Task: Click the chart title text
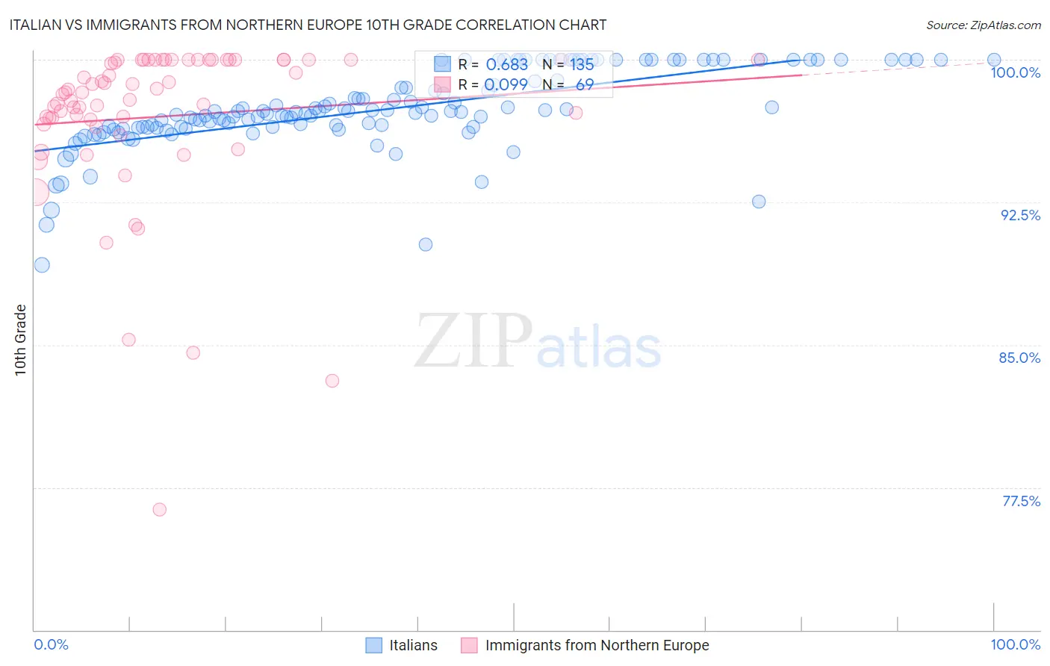pyautogui.click(x=308, y=25)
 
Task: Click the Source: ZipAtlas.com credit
pyautogui.click(x=983, y=25)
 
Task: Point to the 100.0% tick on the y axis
pyautogui.click(x=1015, y=72)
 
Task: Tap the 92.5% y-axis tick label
pyautogui.click(x=1020, y=215)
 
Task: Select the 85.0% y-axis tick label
pyautogui.click(x=1019, y=358)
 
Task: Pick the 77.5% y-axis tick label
pyautogui.click(x=1021, y=501)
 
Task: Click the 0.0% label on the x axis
pyautogui.click(x=51, y=644)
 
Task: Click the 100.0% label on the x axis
pyautogui.click(x=1015, y=644)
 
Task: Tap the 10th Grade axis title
pyautogui.click(x=21, y=340)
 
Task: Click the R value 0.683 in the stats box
pyautogui.click(x=506, y=64)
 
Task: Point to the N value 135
pyautogui.click(x=582, y=64)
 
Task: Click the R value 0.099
pyautogui.click(x=506, y=84)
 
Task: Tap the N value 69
pyautogui.click(x=584, y=84)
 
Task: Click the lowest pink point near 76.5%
pyautogui.click(x=159, y=509)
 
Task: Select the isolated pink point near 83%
pyautogui.click(x=332, y=381)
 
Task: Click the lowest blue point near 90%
pyautogui.click(x=426, y=244)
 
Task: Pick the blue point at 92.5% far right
pyautogui.click(x=759, y=202)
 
